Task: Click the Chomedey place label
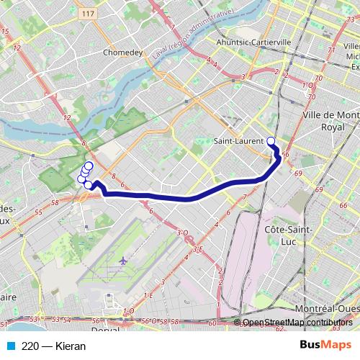click(x=123, y=52)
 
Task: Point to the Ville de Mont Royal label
click(x=332, y=121)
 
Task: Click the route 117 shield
click(x=89, y=14)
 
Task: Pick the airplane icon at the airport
click(x=124, y=261)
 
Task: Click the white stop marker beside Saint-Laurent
click(x=271, y=141)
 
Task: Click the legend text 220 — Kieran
click(x=53, y=346)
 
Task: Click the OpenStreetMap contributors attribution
click(x=297, y=322)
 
